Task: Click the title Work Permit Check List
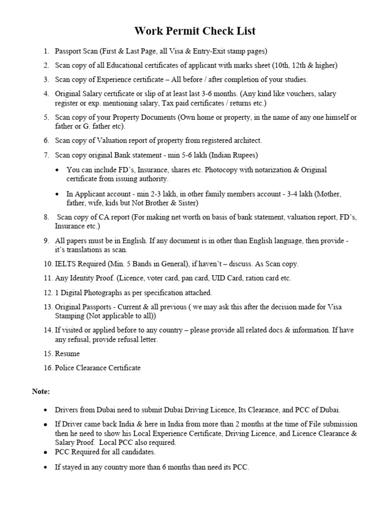(195, 31)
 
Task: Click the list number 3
(46, 80)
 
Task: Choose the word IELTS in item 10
(65, 264)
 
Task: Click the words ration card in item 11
(263, 278)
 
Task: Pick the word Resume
(67, 353)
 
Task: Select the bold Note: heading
(41, 392)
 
